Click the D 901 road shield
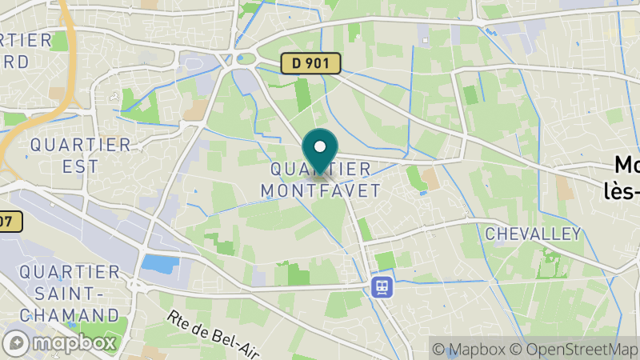311,63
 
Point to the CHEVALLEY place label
533,234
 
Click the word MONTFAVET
321,190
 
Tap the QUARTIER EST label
80,155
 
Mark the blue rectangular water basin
160,263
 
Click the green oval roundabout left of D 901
246,58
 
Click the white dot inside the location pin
320,146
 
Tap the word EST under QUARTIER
81,166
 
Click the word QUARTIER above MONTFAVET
321,170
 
